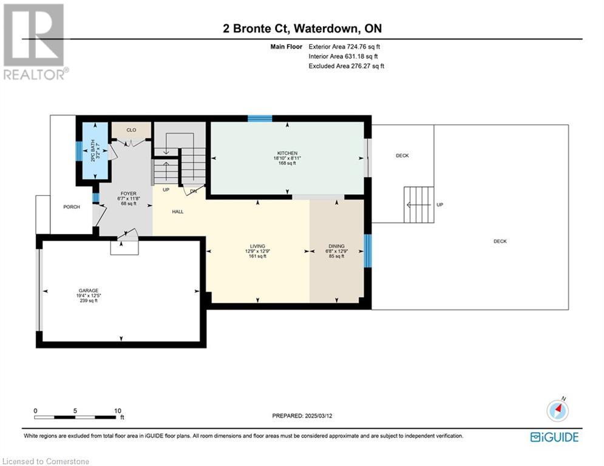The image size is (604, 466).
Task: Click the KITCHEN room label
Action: click(x=287, y=154)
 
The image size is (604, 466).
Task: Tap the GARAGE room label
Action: click(x=89, y=291)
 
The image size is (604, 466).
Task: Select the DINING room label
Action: click(x=337, y=246)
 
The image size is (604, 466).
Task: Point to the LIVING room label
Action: click(x=258, y=246)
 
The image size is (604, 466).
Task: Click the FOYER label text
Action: click(x=128, y=194)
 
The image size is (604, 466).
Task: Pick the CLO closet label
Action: click(x=131, y=130)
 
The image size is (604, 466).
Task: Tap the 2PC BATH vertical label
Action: click(x=92, y=150)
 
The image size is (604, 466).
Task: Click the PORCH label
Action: click(x=72, y=207)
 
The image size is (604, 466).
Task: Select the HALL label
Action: click(x=178, y=211)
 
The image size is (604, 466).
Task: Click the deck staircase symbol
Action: click(x=419, y=204)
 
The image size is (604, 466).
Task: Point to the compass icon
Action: click(x=558, y=410)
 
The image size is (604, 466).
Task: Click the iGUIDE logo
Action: click(x=554, y=437)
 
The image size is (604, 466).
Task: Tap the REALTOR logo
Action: click(x=35, y=42)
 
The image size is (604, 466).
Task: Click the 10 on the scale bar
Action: click(x=118, y=411)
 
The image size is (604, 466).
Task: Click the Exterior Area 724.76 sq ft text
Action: click(x=344, y=47)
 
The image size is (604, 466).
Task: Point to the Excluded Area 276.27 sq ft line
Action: click(x=346, y=66)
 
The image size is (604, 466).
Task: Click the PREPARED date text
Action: click(x=302, y=416)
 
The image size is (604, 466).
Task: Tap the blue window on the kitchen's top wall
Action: click(x=260, y=118)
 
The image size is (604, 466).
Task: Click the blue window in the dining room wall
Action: click(x=368, y=251)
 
